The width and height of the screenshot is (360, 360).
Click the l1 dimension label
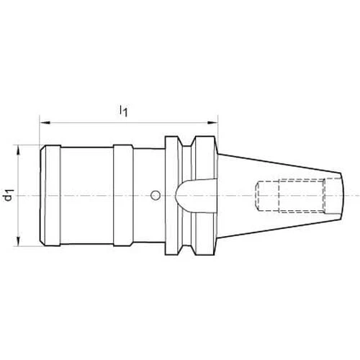click(x=123, y=111)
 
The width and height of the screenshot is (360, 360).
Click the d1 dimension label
click(x=9, y=195)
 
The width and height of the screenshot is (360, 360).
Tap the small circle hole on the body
click(x=156, y=196)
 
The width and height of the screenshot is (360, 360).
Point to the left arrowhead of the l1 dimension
click(x=45, y=123)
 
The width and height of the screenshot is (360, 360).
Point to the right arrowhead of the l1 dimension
click(x=212, y=123)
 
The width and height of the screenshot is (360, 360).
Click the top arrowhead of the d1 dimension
click(x=18, y=150)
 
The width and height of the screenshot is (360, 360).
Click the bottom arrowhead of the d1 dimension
click(x=18, y=240)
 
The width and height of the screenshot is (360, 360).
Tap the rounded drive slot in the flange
click(x=197, y=196)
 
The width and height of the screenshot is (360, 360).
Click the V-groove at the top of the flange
click(x=187, y=142)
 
